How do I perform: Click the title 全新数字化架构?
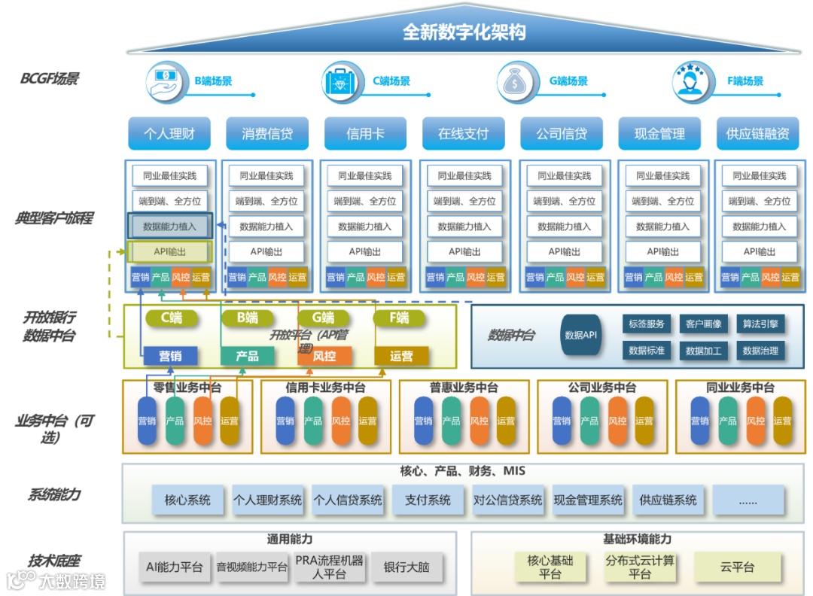point(464,32)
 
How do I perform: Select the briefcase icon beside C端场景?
point(343,81)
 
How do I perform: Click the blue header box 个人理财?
point(169,134)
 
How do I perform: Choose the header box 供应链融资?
point(757,134)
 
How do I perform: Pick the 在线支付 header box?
point(463,134)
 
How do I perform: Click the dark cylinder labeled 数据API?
point(580,335)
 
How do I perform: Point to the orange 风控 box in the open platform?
point(324,356)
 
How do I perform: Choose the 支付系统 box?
point(428,500)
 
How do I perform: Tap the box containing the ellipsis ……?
point(748,500)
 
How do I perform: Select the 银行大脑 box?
point(406,567)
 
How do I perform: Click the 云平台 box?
point(736,567)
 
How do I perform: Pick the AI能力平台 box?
point(175,567)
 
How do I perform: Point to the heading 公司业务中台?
point(601,388)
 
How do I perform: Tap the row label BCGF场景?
point(50,78)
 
